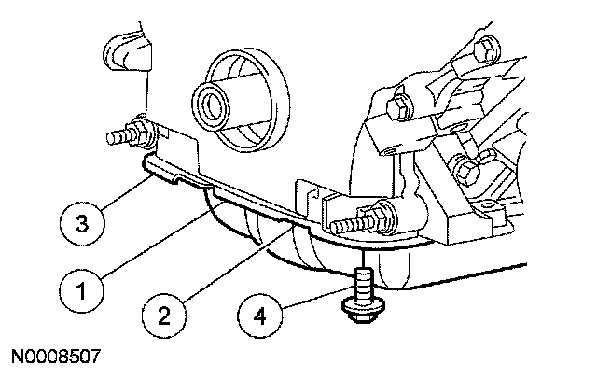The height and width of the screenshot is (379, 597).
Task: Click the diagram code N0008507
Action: [56, 358]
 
